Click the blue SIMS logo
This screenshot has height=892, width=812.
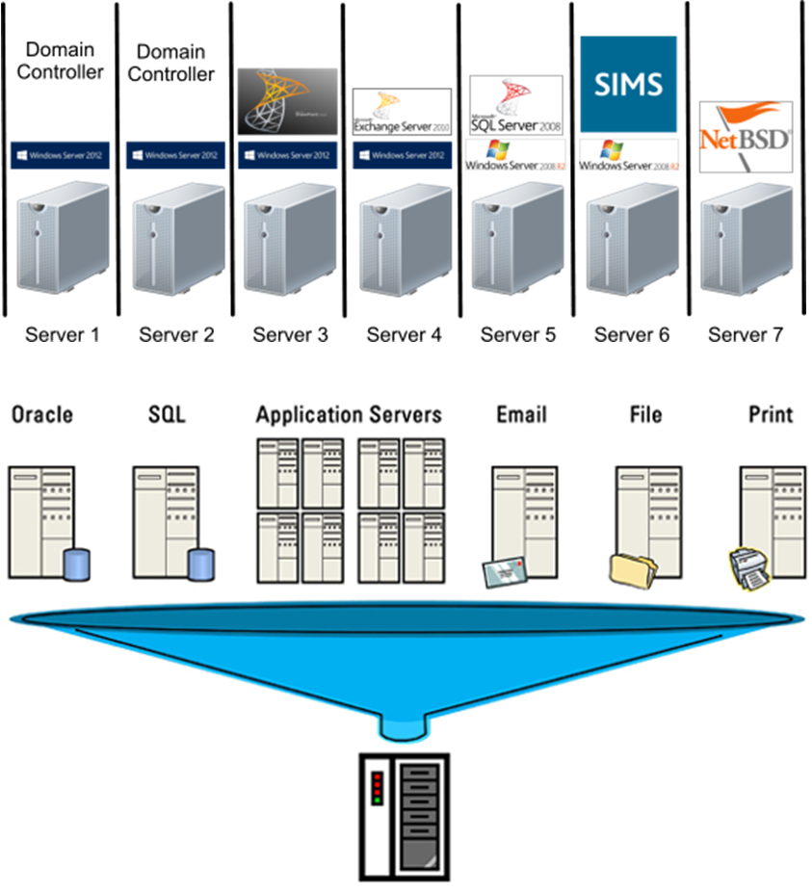point(628,85)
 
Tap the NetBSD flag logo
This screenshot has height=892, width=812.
point(745,138)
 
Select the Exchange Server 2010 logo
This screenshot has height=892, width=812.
point(402,113)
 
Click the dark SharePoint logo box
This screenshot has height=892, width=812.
point(287,101)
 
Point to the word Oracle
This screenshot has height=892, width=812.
point(41,415)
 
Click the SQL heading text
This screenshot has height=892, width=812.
point(166,415)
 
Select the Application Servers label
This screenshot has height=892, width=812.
point(349,415)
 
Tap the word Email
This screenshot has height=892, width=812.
point(521,415)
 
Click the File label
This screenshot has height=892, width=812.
point(645,415)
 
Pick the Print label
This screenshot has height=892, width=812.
point(771,415)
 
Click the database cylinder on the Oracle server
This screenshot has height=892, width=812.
point(76,564)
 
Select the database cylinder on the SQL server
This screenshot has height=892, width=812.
point(201,564)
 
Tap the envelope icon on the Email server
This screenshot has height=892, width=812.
point(503,571)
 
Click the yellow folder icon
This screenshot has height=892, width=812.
point(632,569)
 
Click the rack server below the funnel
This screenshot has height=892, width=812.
point(405,815)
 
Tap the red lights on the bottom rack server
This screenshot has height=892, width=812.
point(378,788)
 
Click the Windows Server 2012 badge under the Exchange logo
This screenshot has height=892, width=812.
point(401,155)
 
